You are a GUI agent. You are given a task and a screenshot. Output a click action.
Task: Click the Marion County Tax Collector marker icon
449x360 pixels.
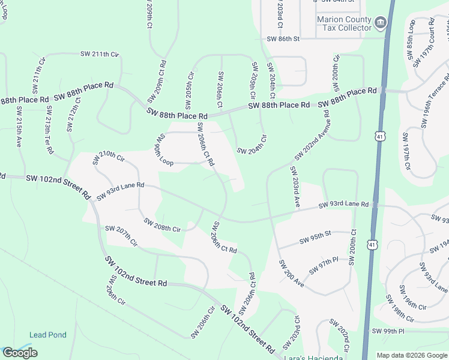380,23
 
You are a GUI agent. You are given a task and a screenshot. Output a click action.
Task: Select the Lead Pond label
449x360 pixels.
48,335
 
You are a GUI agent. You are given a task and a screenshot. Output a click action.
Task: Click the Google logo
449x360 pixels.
20,353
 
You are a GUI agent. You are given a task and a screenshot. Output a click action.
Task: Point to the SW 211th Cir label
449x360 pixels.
100,54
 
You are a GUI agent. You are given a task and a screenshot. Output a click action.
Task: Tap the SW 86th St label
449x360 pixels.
283,38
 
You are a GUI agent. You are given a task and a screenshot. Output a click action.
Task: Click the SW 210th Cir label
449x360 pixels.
108,158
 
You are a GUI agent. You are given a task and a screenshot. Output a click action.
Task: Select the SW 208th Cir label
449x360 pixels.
162,225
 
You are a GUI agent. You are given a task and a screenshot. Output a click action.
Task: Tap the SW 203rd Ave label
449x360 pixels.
295,187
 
